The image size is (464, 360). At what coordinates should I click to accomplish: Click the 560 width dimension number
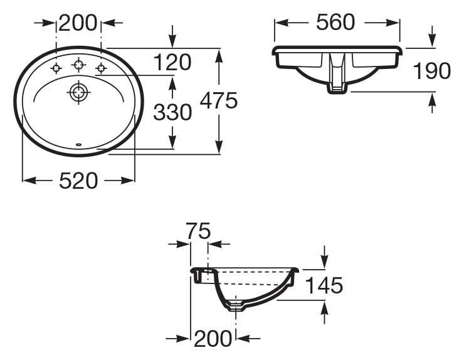point(335,23)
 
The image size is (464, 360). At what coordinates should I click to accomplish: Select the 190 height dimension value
point(432,71)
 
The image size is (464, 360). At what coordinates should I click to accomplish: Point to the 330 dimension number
point(172,113)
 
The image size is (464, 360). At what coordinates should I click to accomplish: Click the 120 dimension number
point(172,62)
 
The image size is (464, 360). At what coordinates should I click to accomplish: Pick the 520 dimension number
point(78,181)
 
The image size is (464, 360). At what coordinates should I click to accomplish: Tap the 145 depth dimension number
point(324,285)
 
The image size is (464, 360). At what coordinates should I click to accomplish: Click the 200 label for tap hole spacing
point(78,23)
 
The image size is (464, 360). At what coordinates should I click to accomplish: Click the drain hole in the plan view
point(78,93)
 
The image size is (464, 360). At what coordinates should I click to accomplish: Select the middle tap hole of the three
point(78,64)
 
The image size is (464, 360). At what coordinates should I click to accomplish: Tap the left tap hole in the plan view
point(56,68)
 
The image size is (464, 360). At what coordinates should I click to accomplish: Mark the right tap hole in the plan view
point(100,68)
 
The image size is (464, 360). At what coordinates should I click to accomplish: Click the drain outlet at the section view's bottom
point(236,307)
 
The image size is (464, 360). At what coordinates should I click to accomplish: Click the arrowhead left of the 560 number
point(280,23)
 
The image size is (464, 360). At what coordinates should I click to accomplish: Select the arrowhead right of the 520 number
point(129,181)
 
